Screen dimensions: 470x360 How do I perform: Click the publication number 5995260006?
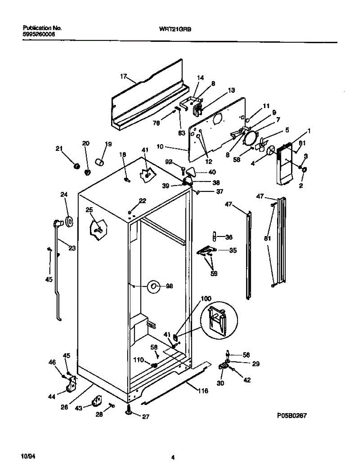pyautogui.click(x=39, y=34)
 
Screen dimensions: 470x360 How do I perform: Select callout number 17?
pyautogui.click(x=124, y=77)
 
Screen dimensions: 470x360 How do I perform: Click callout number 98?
pyautogui.click(x=169, y=286)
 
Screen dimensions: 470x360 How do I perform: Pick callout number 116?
pyautogui.click(x=203, y=390)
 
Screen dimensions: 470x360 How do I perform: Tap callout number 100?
pyautogui.click(x=206, y=299)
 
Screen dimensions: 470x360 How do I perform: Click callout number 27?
pyautogui.click(x=145, y=417)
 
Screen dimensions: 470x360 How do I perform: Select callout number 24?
pyautogui.click(x=64, y=194)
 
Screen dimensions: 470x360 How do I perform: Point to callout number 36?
pyautogui.click(x=229, y=237)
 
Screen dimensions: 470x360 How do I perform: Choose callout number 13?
pyautogui.click(x=231, y=90)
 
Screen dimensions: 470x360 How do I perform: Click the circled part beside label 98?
pyautogui.click(x=153, y=287)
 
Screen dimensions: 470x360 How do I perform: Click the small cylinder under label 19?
pyautogui.click(x=101, y=161)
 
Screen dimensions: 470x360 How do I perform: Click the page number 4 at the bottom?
pyautogui.click(x=173, y=457)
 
